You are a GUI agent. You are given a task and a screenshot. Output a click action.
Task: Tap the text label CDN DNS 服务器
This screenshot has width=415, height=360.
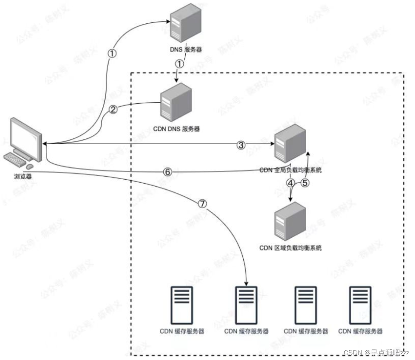click(176, 129)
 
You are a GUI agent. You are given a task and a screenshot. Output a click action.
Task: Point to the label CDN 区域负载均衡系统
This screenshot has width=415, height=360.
click(290, 247)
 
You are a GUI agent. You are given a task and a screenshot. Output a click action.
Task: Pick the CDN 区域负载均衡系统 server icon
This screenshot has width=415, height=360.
click(289, 222)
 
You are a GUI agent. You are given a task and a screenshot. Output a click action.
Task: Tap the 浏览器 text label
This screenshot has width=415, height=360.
click(20, 176)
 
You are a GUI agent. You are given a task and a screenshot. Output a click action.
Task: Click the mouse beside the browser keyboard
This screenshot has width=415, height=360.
click(30, 165)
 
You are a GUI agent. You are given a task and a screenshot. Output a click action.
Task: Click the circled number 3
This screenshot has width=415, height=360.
click(241, 145)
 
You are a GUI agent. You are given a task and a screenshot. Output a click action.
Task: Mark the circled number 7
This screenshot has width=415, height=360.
click(202, 203)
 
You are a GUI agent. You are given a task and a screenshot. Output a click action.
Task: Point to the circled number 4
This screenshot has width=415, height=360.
click(290, 183)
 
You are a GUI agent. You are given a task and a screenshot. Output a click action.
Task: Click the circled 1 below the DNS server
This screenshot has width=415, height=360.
click(179, 64)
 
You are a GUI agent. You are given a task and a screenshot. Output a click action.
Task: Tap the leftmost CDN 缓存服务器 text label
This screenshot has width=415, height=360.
click(182, 331)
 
